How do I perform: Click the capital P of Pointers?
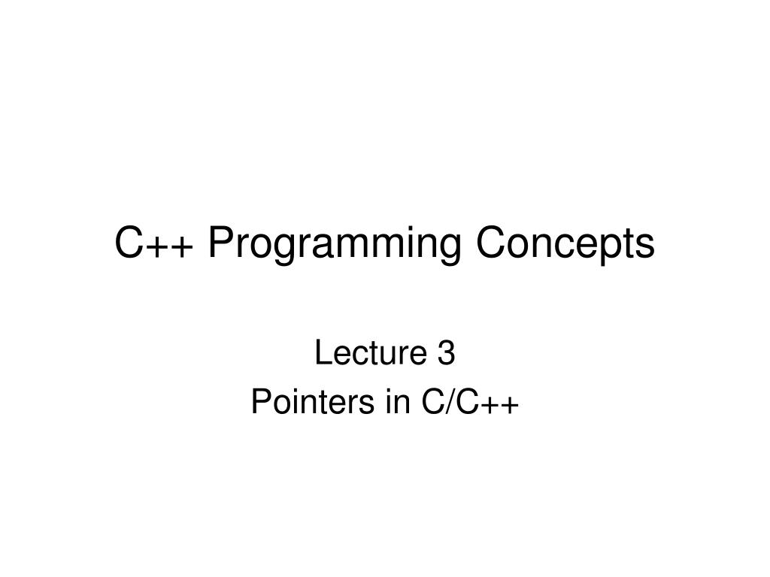pos(259,403)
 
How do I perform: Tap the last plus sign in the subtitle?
pos(509,406)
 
